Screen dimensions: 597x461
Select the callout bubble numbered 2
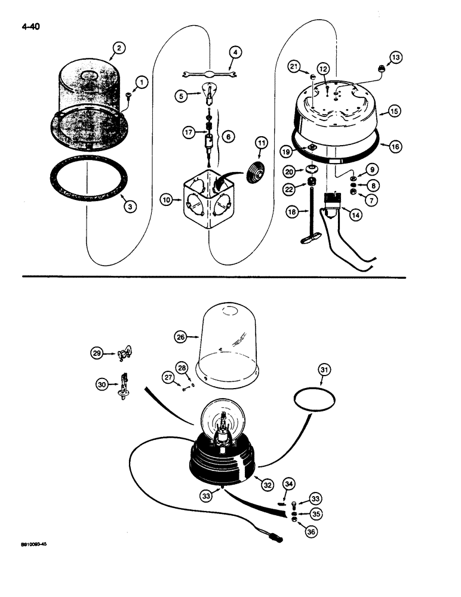point(121,50)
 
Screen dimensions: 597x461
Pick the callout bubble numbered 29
point(97,353)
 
